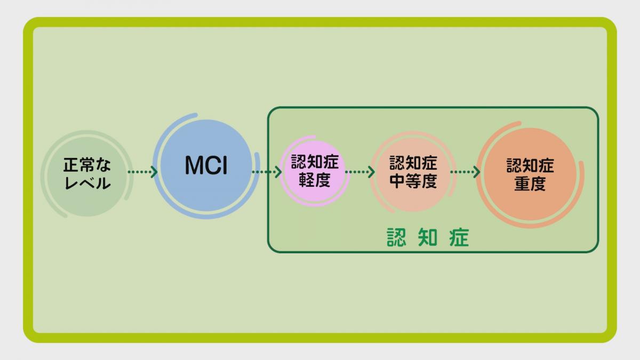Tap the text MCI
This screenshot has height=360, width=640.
pos(206,166)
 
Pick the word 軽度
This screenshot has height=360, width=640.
pos(315,180)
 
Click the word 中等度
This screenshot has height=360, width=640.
pos(413,181)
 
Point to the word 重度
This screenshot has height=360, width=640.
pos(530,183)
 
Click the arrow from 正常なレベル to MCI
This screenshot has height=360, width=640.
pos(142,172)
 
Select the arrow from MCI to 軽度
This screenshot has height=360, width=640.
pos(266,172)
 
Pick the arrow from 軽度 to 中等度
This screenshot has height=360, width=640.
pos(360,172)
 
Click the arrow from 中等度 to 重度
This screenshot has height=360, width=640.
pos(465,172)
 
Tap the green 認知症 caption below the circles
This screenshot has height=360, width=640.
pos(428,238)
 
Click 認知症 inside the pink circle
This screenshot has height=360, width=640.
pos(315,162)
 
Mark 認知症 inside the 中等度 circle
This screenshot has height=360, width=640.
pos(413,163)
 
